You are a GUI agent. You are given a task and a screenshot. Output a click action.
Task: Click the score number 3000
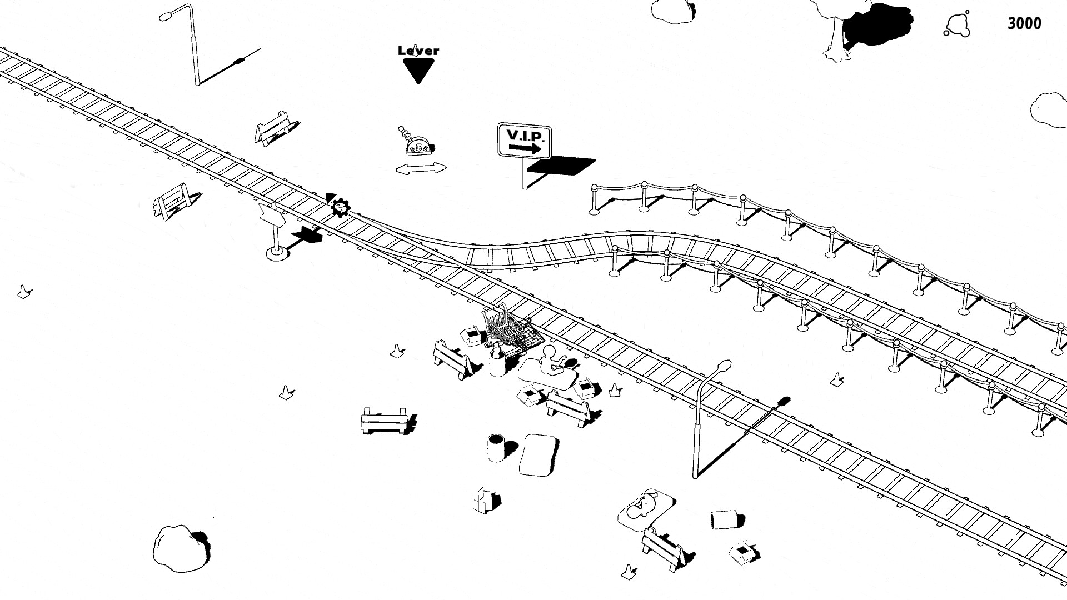click(1024, 24)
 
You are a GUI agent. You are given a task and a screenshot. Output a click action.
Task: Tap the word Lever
click(418, 51)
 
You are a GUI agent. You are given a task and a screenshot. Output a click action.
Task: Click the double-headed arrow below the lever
click(421, 169)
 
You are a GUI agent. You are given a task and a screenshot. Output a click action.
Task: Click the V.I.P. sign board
click(525, 141)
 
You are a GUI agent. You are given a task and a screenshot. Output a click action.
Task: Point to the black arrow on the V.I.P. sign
click(525, 148)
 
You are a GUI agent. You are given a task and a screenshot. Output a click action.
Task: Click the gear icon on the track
click(340, 207)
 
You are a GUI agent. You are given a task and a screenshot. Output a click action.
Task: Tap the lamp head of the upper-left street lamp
click(165, 17)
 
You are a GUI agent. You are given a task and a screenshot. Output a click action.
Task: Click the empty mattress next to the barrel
click(539, 455)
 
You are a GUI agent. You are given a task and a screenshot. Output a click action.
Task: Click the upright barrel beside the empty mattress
click(496, 448)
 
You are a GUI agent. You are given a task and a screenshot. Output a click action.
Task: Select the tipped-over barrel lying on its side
click(724, 520)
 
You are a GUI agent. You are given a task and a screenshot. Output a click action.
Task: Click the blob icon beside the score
click(957, 24)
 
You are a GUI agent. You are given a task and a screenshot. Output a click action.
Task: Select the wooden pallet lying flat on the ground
click(385, 421)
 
